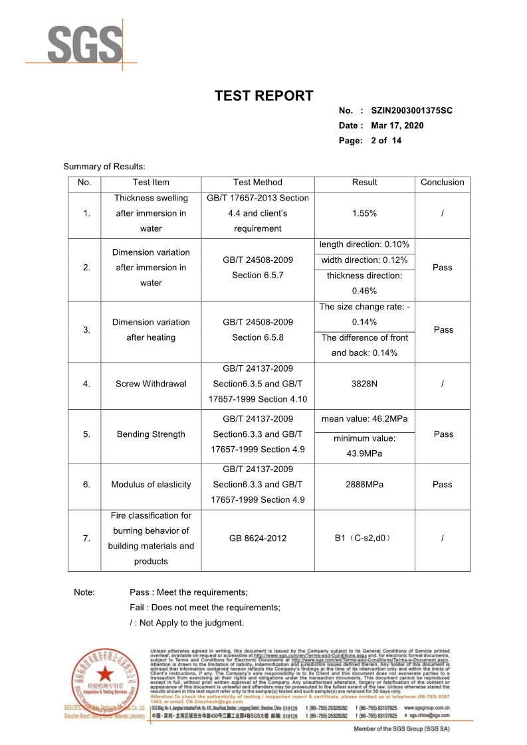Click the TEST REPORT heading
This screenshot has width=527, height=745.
pos(263,96)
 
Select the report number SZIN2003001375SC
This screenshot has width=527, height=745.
pos(411,110)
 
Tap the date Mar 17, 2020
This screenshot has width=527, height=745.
pos(397,125)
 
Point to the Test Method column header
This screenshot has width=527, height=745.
pos(257,182)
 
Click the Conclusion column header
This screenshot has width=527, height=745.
pos(442,182)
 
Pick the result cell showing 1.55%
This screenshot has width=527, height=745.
pos(364,213)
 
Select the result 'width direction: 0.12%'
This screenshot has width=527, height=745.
pos(364,260)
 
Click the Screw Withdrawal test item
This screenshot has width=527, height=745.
pos(151,383)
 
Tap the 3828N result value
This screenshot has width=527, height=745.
pos(364,383)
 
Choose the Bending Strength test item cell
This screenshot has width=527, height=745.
pos(151,434)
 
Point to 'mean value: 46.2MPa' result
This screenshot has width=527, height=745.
pos(364,419)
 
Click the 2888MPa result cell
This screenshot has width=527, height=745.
pos(364,485)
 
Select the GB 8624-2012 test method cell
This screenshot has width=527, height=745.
pos(257,538)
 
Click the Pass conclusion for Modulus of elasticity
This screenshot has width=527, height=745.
pos(442,485)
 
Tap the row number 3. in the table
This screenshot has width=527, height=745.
pos(86,330)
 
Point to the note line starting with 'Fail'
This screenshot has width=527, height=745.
pos(205,608)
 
